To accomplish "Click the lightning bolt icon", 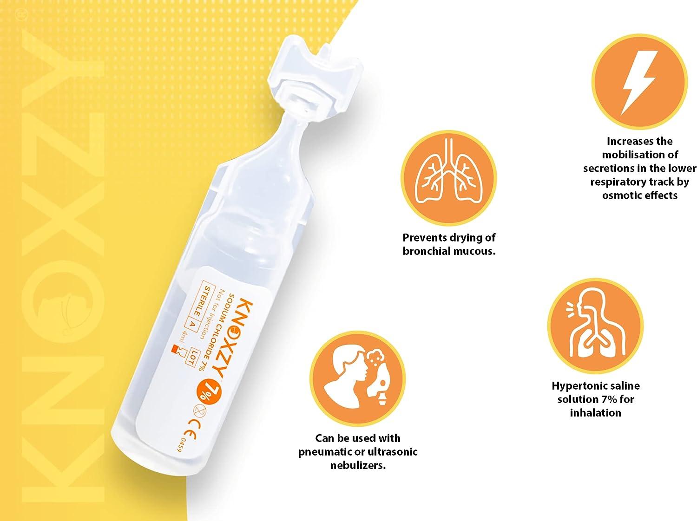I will click(640, 82).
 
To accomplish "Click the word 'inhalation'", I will click(595, 413).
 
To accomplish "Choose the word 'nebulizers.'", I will click(358, 465).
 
